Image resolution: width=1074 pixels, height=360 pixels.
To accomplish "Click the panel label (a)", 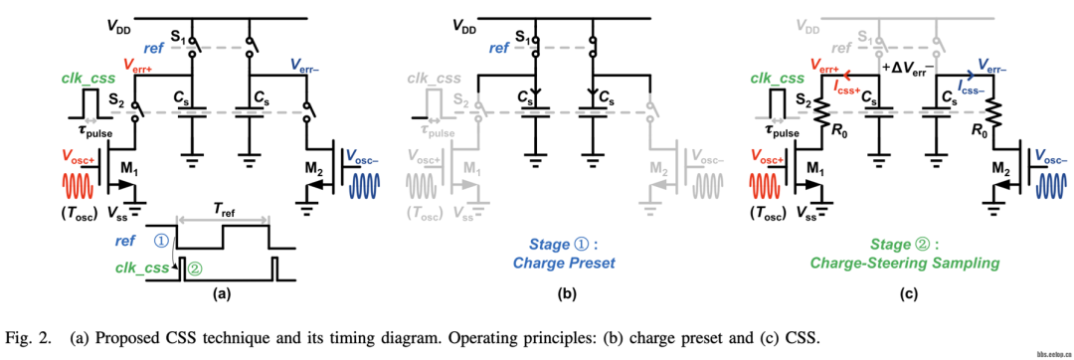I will [x=224, y=293].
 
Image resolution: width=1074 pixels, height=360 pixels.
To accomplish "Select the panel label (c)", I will [x=907, y=293].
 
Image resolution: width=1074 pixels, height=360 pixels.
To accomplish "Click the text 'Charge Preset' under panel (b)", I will [x=564, y=263].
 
